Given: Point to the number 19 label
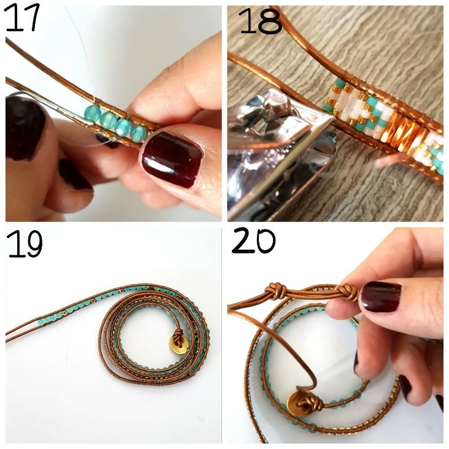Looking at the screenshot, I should click(25, 244).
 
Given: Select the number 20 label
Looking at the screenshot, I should click(253, 240).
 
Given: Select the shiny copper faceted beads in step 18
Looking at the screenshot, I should click(397, 130).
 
